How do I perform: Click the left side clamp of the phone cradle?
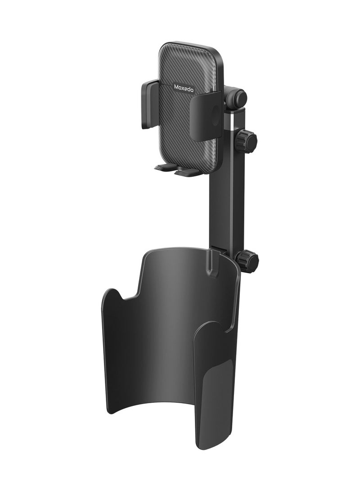coord(149,104)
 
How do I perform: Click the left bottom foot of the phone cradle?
coord(165,168)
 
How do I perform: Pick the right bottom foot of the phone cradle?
coord(188,172)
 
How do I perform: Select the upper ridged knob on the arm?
coord(247,141)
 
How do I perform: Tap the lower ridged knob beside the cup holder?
coord(247,261)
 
